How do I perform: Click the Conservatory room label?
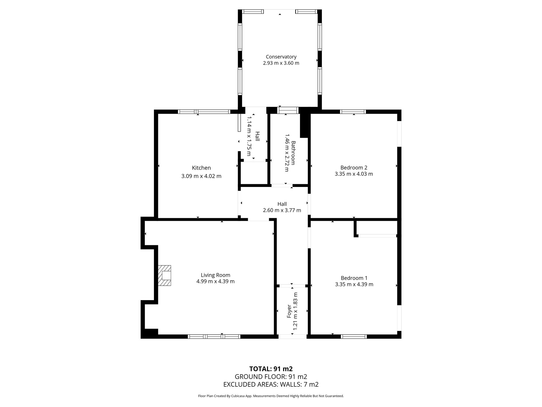click(281, 57)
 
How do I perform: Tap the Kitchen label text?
click(201, 168)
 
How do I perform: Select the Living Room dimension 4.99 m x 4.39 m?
click(215, 281)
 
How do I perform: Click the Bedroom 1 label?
click(354, 278)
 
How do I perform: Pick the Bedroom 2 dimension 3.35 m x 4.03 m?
click(354, 174)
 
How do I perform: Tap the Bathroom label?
click(293, 153)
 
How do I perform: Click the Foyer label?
click(289, 311)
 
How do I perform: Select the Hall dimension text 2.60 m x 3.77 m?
click(282, 210)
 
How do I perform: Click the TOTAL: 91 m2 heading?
click(271, 369)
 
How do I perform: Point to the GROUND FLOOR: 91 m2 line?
click(271, 377)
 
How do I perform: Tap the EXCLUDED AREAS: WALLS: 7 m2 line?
click(271, 384)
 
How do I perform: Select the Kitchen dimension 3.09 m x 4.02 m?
click(201, 176)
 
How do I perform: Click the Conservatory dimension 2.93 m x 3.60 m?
click(281, 63)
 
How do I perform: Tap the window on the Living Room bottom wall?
click(214, 336)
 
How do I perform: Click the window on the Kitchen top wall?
click(204, 112)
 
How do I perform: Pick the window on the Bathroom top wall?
click(288, 110)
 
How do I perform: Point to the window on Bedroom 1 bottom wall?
click(354, 336)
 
